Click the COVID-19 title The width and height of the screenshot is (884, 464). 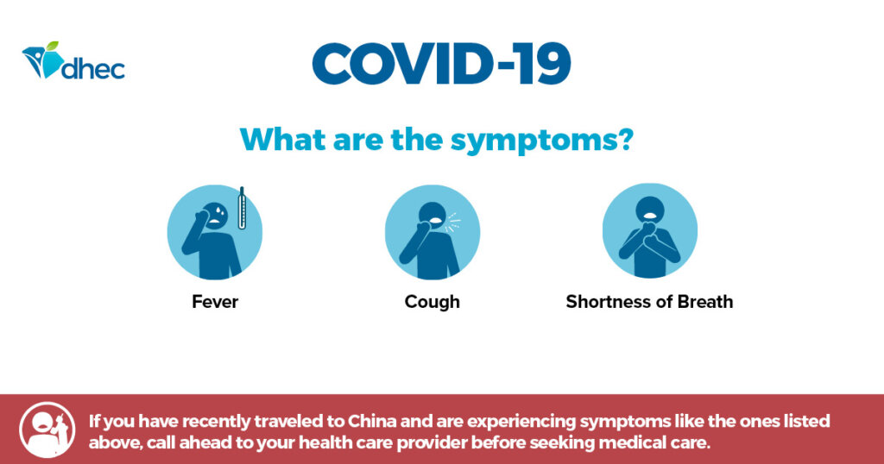[x=441, y=63]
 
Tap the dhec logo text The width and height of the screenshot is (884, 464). [x=92, y=67]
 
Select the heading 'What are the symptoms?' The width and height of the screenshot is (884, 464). [x=437, y=139]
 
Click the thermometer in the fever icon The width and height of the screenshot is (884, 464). [x=242, y=208]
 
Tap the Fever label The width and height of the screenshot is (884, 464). [x=215, y=302]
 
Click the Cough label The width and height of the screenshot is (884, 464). [x=432, y=302]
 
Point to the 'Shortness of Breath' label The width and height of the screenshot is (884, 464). [x=649, y=302]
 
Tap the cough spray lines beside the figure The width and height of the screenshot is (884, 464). [x=452, y=222]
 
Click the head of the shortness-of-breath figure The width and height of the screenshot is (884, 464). [x=650, y=210]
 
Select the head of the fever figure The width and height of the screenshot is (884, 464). [x=215, y=215]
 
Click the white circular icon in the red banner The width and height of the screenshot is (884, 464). [x=47, y=430]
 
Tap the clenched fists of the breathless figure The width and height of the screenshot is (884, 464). [x=650, y=235]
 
